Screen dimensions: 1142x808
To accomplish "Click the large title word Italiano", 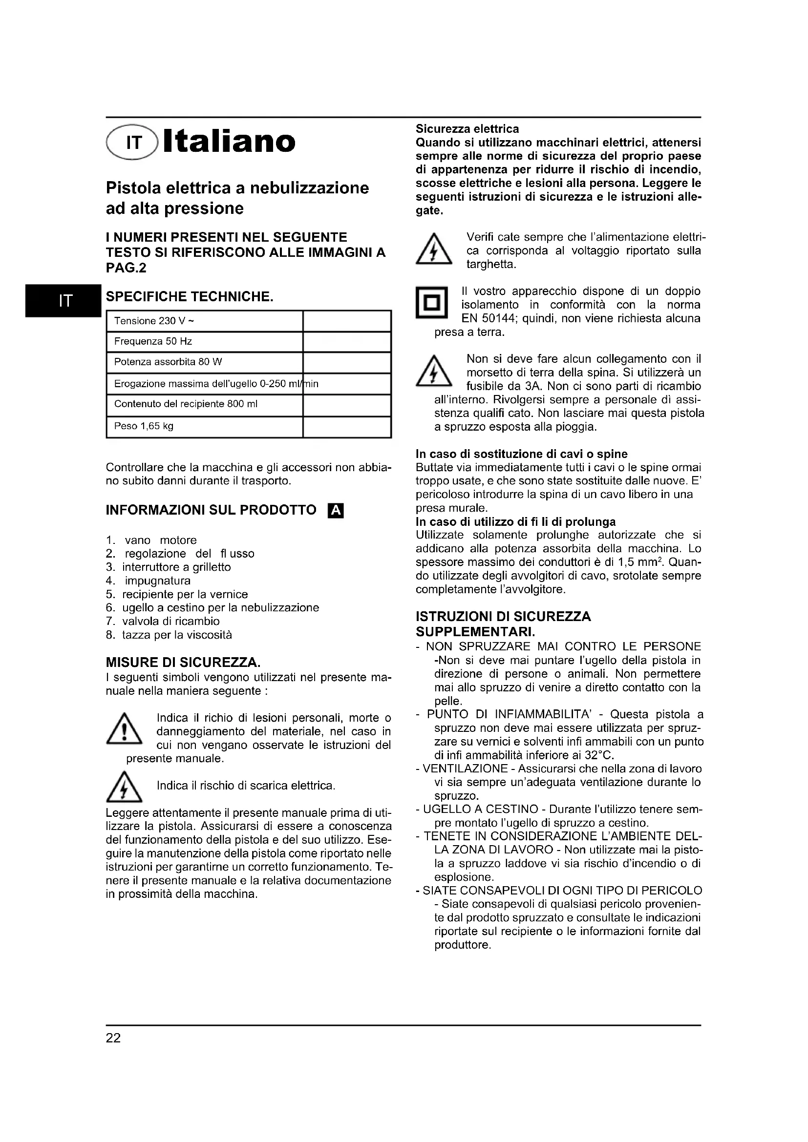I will (x=230, y=142).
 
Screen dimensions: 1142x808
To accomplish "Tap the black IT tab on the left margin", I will (x=63, y=300).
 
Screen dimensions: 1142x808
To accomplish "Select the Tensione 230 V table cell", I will (x=205, y=321).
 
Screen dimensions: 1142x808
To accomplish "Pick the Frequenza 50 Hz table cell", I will (x=205, y=342).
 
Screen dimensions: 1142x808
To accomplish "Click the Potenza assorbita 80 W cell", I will (x=205, y=362).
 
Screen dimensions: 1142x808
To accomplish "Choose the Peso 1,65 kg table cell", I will (x=205, y=426).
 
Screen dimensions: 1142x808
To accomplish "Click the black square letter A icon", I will (x=336, y=511).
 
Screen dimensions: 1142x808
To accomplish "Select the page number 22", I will (x=113, y=1038).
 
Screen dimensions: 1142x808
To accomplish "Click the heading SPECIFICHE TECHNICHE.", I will (x=190, y=297).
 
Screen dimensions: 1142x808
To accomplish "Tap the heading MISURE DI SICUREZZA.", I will (x=183, y=663).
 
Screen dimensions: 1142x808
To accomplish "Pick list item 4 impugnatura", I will (x=149, y=581).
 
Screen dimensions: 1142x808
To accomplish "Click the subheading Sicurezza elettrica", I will (x=467, y=129).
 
